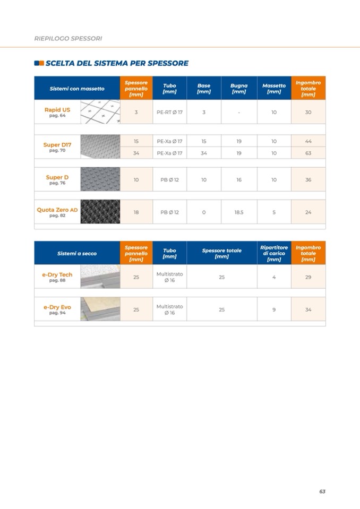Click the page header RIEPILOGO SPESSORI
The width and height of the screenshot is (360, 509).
click(68, 39)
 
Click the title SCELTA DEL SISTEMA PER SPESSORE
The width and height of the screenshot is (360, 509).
click(117, 63)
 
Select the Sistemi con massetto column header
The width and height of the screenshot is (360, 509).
click(77, 89)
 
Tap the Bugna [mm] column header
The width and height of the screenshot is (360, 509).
click(239, 89)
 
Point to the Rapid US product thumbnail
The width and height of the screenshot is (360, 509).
click(100, 112)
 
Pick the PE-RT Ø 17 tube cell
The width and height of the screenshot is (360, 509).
click(169, 113)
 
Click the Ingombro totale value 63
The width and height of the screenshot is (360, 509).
click(308, 153)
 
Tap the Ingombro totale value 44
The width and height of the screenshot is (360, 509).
click(308, 141)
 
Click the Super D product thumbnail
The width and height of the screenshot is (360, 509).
click(100, 179)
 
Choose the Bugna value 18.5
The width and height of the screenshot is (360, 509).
click(239, 212)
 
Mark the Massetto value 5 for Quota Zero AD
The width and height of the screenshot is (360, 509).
click(274, 212)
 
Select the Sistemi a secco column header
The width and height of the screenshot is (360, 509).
click(77, 254)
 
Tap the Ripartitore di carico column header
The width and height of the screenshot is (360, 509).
click(274, 253)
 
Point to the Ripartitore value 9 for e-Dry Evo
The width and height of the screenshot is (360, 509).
click(274, 310)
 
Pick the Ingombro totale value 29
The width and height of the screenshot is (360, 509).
click(308, 277)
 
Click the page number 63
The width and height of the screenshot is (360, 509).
click(322, 491)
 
